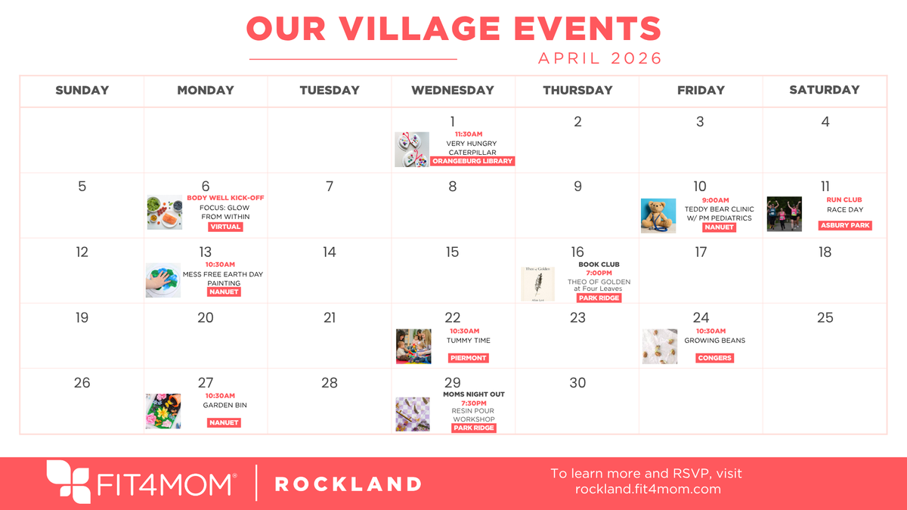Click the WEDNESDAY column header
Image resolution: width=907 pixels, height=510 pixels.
point(452,90)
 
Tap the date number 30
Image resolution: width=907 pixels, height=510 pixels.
point(577,383)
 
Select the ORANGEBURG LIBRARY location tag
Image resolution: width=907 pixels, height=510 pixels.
point(472,161)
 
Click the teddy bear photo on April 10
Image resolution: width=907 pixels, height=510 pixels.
point(658,215)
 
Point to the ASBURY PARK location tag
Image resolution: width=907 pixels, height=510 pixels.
point(845,225)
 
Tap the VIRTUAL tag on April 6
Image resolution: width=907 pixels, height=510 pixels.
point(225,227)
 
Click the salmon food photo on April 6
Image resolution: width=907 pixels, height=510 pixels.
point(165,212)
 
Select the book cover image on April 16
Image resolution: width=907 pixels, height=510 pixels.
point(537,284)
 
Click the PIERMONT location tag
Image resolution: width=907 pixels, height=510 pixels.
point(468,357)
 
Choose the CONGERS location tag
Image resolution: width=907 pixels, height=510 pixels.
point(714,357)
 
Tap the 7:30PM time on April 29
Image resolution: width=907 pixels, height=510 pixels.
point(474,403)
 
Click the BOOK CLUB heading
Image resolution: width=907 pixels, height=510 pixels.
point(599,264)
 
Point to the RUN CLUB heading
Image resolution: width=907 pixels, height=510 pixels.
point(844,200)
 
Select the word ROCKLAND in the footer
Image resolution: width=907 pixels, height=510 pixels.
point(348,484)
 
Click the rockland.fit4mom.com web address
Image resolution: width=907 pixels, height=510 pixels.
point(648,490)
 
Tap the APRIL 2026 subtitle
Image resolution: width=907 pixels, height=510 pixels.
point(599,58)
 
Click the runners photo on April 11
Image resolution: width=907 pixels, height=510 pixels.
point(784,214)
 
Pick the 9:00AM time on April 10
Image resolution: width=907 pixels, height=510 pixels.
point(715,200)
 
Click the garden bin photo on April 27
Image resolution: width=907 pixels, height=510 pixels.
point(163,411)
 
